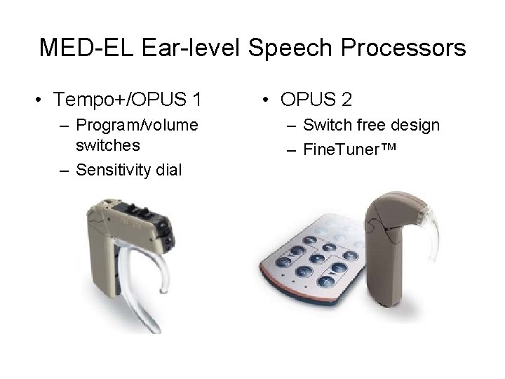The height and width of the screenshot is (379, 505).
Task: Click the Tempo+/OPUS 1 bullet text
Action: point(127,100)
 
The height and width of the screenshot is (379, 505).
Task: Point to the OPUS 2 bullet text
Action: point(316,100)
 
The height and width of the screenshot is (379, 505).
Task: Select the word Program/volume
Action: point(137,126)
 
